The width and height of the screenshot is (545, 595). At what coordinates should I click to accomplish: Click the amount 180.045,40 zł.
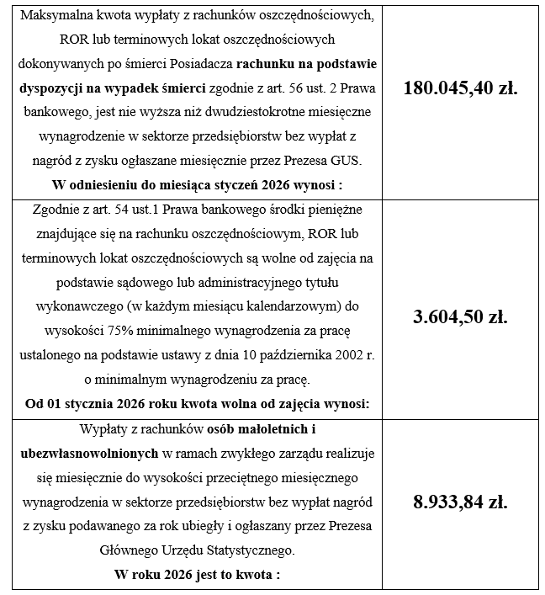pos(460,88)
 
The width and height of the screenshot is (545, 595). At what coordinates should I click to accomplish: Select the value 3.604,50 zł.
pos(460,316)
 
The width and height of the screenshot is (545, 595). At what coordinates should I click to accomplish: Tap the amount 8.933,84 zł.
pos(460,502)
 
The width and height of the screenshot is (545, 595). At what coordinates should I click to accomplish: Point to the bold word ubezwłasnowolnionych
pos(88,454)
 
